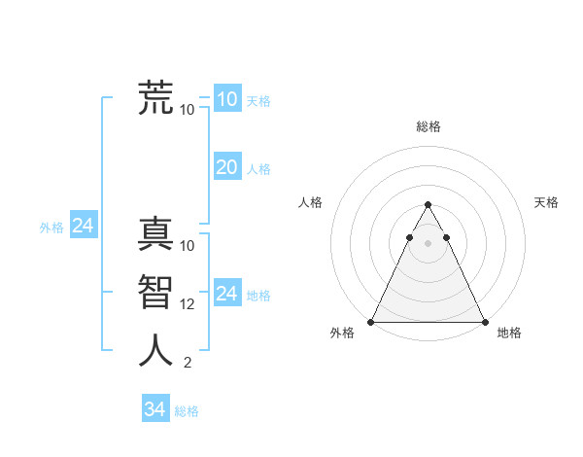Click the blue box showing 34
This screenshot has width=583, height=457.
pos(154,409)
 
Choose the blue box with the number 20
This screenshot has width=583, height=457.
pos(226,167)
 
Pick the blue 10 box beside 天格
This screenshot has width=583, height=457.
pos(226,98)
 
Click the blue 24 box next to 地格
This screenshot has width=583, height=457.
pos(226,294)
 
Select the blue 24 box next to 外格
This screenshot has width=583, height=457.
pos(83,226)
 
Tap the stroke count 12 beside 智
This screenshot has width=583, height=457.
pos(188,304)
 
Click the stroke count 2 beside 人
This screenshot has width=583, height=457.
pos(188,363)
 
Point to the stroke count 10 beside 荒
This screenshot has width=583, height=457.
pos(188,109)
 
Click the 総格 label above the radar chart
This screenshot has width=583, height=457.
pos(428,126)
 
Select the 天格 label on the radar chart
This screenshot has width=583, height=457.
pos(546,202)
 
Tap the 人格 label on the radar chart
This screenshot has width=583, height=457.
pos(310,202)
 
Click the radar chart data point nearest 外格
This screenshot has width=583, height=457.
pos(371,322)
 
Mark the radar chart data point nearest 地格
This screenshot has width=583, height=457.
pos(484,322)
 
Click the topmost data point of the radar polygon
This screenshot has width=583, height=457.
pos(428,205)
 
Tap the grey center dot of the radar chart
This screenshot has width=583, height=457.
pos(428,243)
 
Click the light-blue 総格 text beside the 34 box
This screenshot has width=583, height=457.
pos(187,411)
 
